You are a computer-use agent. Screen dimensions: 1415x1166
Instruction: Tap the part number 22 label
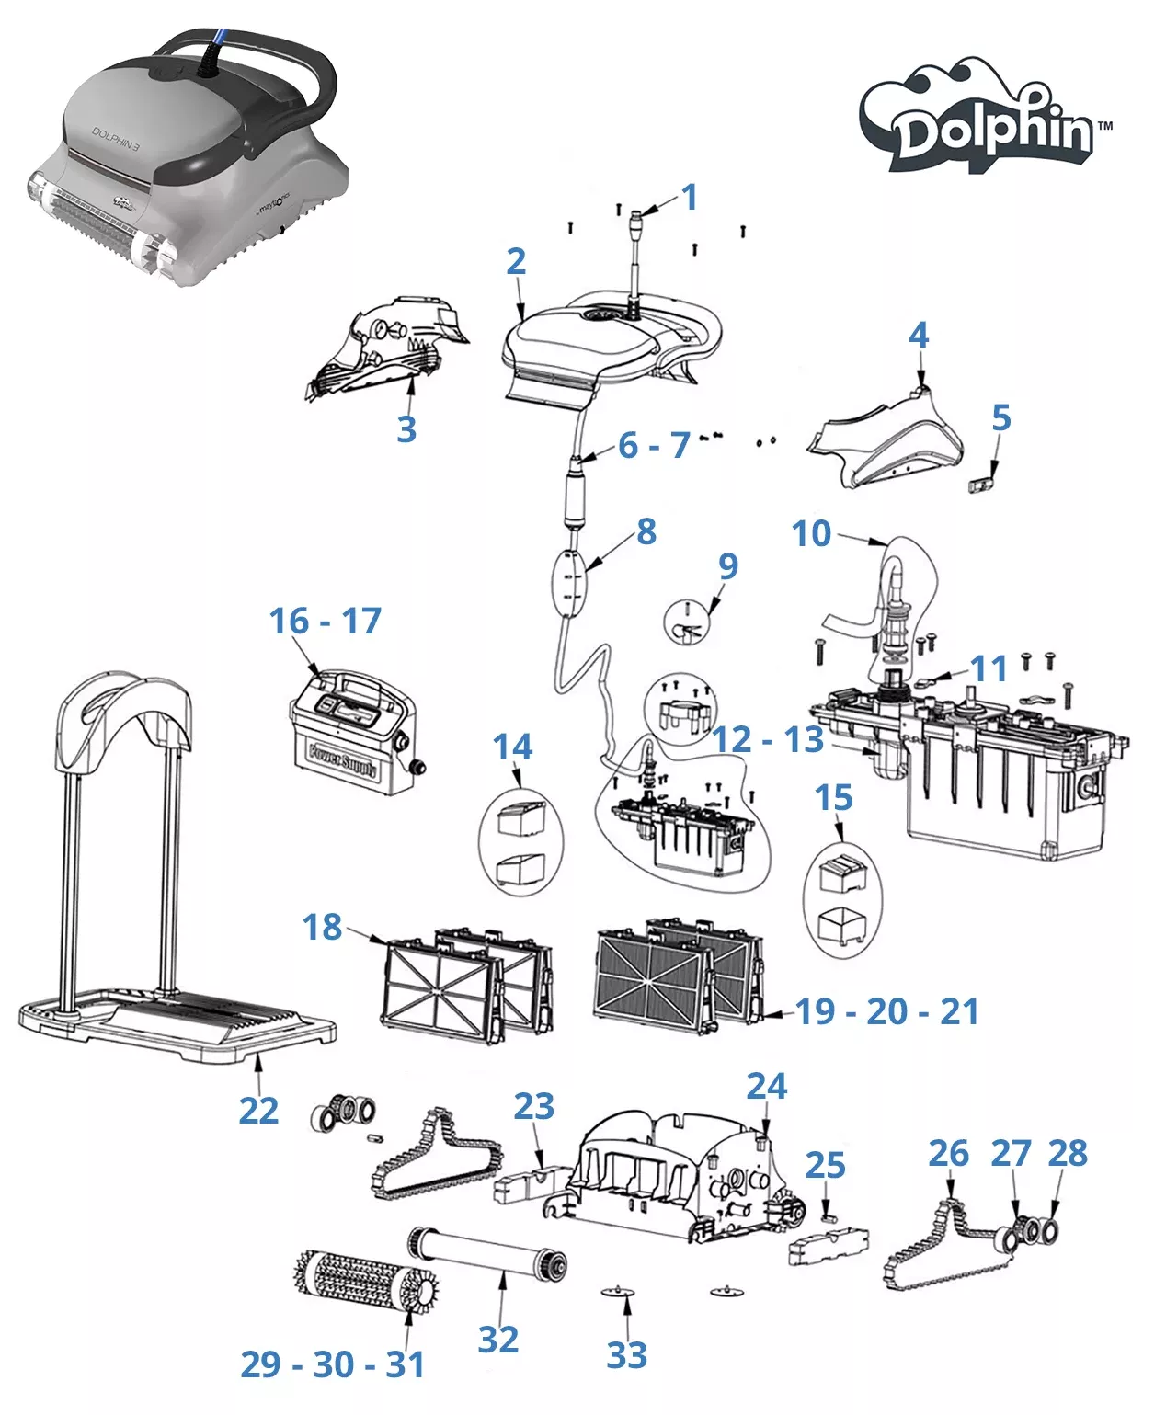(x=258, y=1111)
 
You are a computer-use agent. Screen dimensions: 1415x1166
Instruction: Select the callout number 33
(x=627, y=1354)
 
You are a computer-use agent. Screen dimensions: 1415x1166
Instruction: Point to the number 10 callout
(x=811, y=533)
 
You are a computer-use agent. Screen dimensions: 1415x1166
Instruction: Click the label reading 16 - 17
(x=325, y=622)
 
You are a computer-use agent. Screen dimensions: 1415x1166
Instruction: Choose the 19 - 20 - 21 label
(x=886, y=1011)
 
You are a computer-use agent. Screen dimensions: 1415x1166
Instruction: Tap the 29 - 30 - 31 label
(x=333, y=1364)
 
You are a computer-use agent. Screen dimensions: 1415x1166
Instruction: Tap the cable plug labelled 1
(x=635, y=221)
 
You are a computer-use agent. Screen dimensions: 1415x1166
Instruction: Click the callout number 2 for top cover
(x=516, y=262)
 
